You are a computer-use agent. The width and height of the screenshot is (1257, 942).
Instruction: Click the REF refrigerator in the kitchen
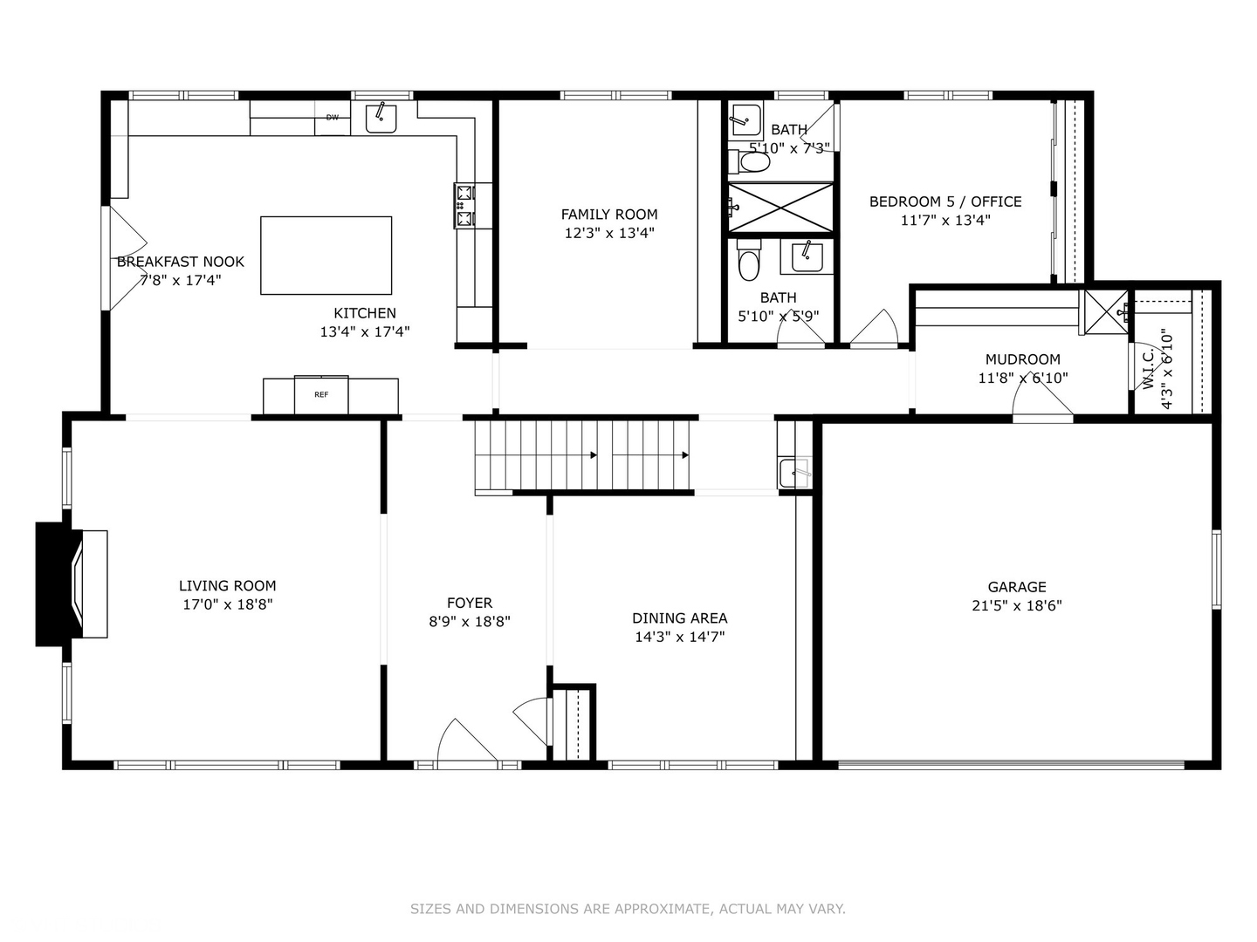coord(320,394)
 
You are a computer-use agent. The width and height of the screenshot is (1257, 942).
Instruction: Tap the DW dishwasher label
coord(333,118)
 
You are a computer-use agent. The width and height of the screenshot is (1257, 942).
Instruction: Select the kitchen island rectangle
coord(326,255)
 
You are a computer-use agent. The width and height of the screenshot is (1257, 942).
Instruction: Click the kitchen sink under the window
coord(381,118)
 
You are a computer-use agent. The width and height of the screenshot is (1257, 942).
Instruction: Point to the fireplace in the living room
coord(72,584)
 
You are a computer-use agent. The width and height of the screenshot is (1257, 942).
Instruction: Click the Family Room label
coord(608,214)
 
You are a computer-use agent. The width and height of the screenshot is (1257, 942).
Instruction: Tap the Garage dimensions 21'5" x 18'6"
coord(1016,605)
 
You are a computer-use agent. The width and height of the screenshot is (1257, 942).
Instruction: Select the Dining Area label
coord(679,618)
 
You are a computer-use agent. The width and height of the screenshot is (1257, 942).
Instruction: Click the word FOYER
coord(470,602)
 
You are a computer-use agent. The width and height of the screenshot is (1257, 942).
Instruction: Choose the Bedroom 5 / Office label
coord(944,201)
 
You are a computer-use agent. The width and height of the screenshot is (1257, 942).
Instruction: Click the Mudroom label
coord(1022,359)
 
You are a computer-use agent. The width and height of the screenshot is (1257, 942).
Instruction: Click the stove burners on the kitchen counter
coord(464,205)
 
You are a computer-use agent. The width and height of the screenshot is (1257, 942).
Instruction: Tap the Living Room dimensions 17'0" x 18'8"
coord(227,604)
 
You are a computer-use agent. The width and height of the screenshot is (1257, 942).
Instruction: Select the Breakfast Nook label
coord(181,262)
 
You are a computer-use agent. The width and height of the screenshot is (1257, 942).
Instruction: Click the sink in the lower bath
coord(807,256)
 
